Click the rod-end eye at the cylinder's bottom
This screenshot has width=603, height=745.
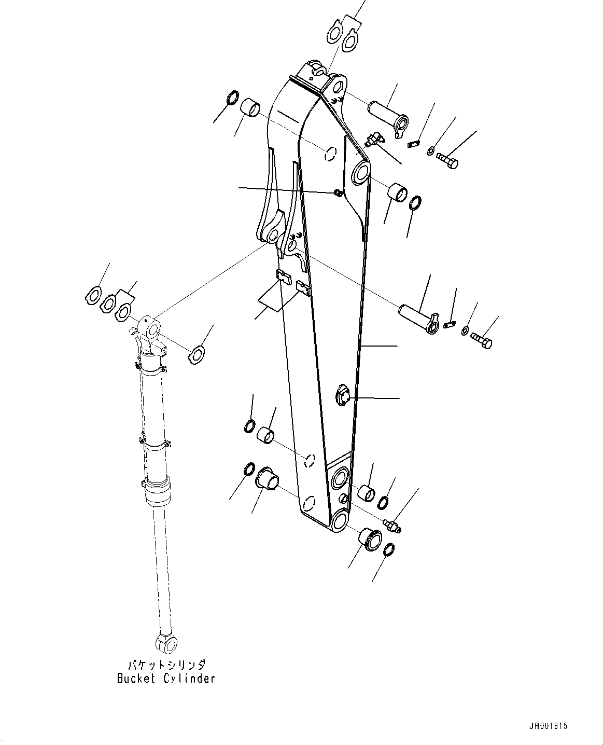click(x=166, y=642)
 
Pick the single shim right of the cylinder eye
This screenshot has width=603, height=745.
click(x=196, y=355)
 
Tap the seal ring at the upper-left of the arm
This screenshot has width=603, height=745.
click(x=218, y=97)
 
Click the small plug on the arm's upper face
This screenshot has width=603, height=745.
click(x=338, y=193)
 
